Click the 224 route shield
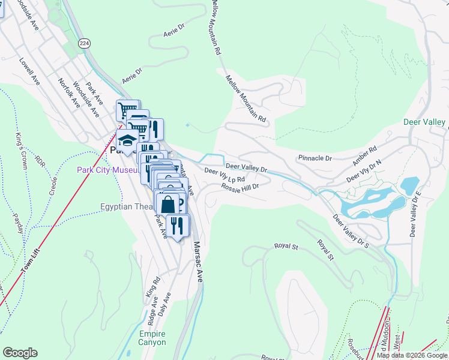point(84,43)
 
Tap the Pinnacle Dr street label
point(315,158)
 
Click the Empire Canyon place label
point(151,338)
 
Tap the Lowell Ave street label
point(29,71)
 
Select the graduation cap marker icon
point(127,141)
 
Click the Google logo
point(20,353)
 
